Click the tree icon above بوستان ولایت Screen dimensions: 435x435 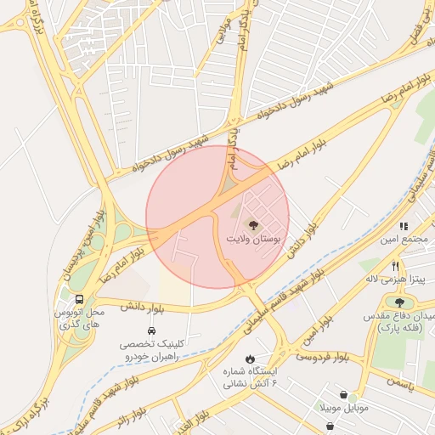tap(253, 224)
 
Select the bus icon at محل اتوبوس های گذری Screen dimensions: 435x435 tap(79, 300)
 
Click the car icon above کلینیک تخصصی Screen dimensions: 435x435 tap(151, 330)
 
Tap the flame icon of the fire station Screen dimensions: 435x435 tap(250, 358)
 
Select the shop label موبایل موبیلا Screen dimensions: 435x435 tap(344, 409)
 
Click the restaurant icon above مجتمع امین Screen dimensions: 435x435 tap(404, 227)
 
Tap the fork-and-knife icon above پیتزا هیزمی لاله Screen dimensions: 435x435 tap(395, 266)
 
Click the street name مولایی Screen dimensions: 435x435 tap(223, 26)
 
